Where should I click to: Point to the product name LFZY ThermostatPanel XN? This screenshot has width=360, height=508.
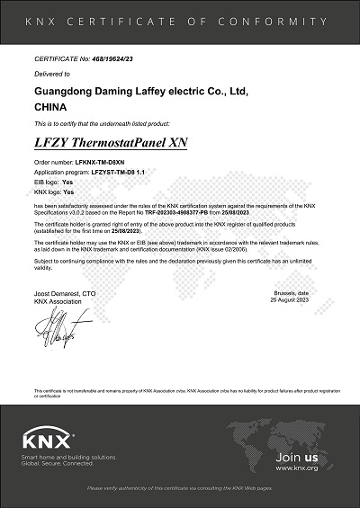click(x=109, y=144)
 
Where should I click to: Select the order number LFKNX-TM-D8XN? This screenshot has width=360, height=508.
click(x=99, y=163)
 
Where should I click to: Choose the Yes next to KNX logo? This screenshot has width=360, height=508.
click(x=68, y=192)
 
